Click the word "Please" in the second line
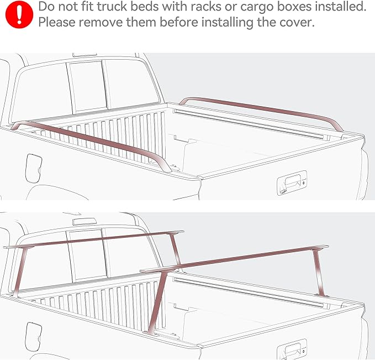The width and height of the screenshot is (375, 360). [x=57, y=23]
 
